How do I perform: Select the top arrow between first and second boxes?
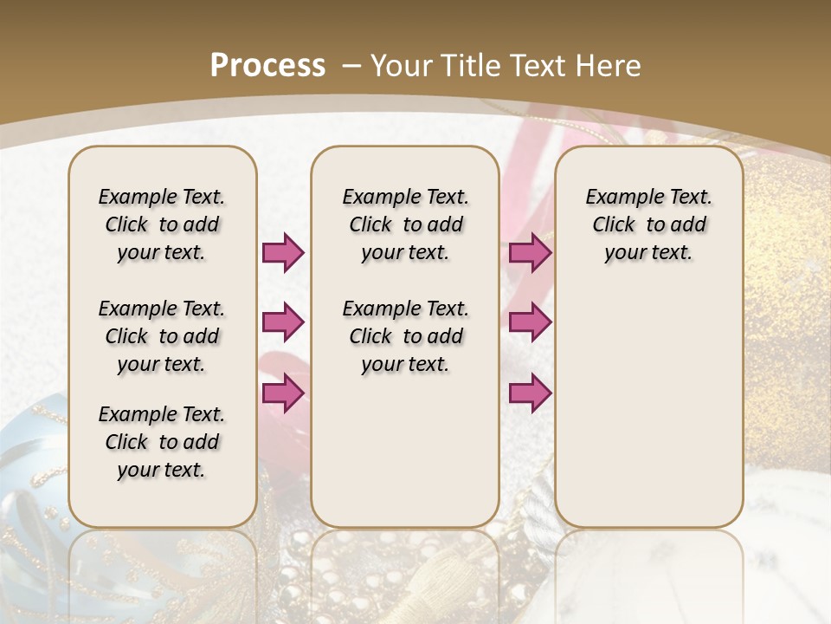[x=283, y=252]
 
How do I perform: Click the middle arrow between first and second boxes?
[x=283, y=322]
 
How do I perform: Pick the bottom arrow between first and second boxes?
[x=283, y=392]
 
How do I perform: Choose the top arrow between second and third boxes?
[x=530, y=252]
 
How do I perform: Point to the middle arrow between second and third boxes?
[x=530, y=322]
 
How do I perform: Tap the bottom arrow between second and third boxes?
[x=530, y=393]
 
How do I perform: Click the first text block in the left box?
[x=162, y=224]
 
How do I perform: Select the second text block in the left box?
[x=162, y=336]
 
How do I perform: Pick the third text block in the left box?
[x=162, y=442]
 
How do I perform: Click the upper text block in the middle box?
[x=405, y=224]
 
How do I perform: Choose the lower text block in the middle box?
[x=405, y=336]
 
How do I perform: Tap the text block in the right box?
[x=648, y=224]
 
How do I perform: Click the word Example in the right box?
[x=620, y=197]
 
